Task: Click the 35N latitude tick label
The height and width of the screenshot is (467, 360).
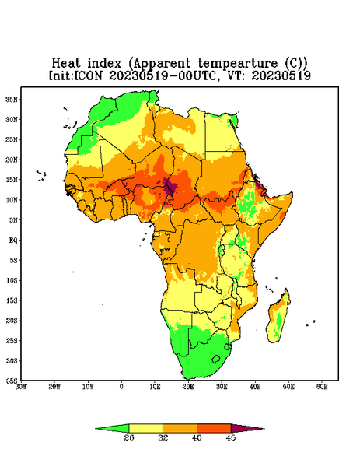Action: pos(12,99)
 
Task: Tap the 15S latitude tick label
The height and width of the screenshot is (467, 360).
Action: pos(12,300)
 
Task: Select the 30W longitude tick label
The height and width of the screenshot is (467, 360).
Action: pos(21,387)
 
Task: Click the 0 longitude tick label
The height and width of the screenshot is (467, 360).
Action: pos(121,387)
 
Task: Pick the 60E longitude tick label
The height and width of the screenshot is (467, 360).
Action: pos(322,387)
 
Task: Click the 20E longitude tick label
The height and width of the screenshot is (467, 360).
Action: pos(188,387)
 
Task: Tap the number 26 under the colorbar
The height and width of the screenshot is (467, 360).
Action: pos(129,437)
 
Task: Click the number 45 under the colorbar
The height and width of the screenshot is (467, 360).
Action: pos(231,437)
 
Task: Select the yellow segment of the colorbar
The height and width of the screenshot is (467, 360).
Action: pos(145,428)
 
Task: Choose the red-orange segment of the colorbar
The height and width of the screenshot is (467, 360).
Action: pos(214,428)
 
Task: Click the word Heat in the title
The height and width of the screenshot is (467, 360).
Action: pos(66,64)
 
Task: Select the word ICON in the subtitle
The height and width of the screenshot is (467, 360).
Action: pos(88,75)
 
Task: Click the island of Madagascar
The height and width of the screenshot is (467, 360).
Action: pos(279,318)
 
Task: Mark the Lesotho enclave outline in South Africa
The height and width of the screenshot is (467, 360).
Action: pos(216,359)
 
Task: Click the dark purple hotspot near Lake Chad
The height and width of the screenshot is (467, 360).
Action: pos(169,188)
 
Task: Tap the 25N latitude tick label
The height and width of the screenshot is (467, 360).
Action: pos(12,139)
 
